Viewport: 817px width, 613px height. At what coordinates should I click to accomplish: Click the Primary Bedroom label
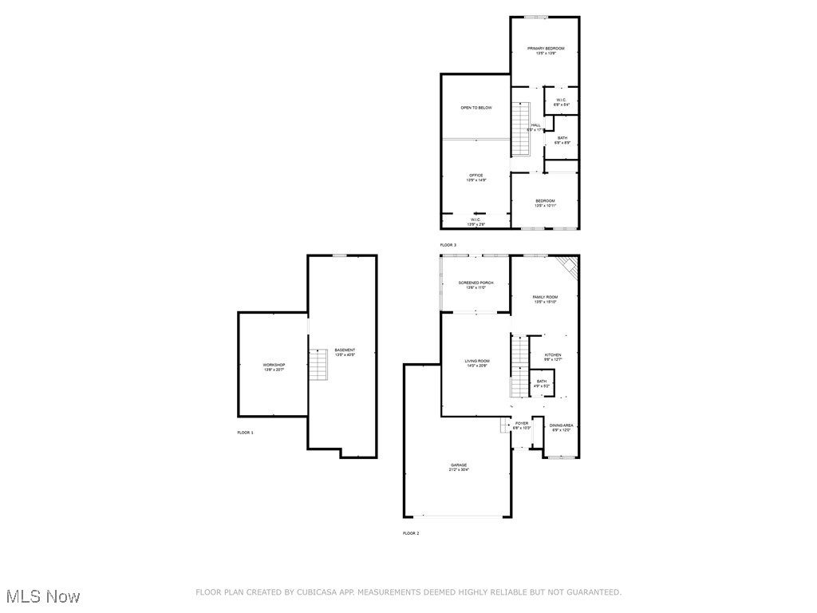(x=546, y=49)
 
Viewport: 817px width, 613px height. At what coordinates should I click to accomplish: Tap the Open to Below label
(x=476, y=108)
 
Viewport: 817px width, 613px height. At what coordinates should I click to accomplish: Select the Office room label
(x=476, y=176)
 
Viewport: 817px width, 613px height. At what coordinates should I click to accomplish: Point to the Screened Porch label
(x=476, y=283)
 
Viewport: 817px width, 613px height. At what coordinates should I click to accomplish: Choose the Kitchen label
(x=553, y=355)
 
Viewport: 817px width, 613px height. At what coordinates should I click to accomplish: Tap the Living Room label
(x=477, y=362)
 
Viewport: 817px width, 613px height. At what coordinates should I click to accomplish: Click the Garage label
(x=459, y=465)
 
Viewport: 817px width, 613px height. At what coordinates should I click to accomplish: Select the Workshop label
(x=274, y=366)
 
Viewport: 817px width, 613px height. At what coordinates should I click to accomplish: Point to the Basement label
(x=345, y=350)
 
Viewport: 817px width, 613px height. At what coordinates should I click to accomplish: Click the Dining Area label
(x=561, y=425)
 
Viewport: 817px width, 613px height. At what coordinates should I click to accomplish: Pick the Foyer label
(x=522, y=424)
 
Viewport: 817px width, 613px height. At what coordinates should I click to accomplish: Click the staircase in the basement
(x=319, y=365)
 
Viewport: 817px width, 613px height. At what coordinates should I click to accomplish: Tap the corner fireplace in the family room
(x=568, y=267)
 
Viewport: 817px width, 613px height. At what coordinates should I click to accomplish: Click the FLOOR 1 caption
(x=245, y=433)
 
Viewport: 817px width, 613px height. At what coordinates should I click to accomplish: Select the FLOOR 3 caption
(x=448, y=245)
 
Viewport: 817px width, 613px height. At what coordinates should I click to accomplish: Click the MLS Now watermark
(x=42, y=596)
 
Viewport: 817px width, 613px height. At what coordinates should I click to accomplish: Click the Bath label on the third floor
(x=562, y=138)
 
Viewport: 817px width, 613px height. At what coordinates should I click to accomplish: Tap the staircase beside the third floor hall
(x=520, y=129)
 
